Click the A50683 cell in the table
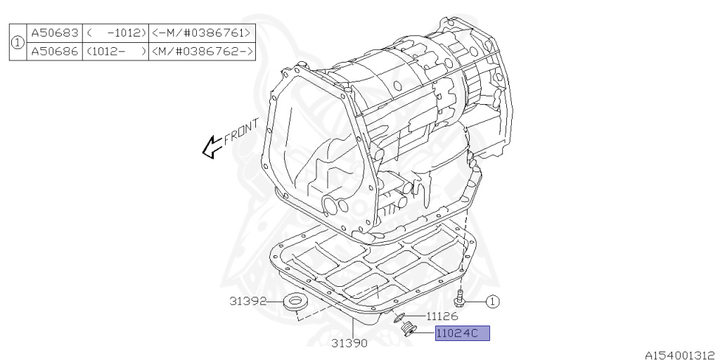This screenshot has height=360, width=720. click(x=55, y=34)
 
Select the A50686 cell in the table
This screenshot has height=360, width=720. click(x=55, y=51)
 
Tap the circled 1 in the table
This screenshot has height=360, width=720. click(x=18, y=43)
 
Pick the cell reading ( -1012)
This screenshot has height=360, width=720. click(x=116, y=34)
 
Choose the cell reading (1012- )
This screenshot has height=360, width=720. click(x=116, y=51)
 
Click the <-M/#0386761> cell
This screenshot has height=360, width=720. click(x=202, y=34)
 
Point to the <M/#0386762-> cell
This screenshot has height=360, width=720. click(x=202, y=51)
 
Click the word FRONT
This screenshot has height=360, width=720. click(x=242, y=131)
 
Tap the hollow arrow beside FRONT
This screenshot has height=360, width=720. click(x=212, y=147)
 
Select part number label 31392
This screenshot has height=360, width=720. click(x=248, y=301)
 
